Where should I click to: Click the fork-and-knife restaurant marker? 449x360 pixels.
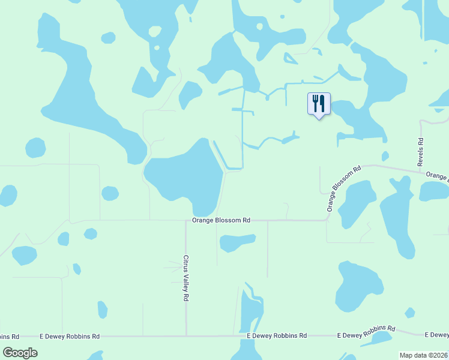tap(319, 104)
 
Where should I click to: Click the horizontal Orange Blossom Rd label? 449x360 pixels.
tap(221, 220)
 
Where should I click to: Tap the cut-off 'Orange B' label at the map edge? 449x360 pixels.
tap(437, 176)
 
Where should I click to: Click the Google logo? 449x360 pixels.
tap(20, 352)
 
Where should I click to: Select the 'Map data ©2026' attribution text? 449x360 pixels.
tap(424, 355)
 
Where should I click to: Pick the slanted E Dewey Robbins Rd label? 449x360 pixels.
tap(366, 332)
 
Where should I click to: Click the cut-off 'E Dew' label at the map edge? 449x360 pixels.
tap(436, 334)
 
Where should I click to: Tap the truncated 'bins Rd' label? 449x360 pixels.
tap(10, 337)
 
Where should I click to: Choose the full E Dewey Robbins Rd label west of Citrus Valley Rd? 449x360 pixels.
tap(70, 337)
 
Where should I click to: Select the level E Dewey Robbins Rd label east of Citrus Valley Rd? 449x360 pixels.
tap(277, 336)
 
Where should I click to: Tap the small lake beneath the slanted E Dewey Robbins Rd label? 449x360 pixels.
tap(376, 340)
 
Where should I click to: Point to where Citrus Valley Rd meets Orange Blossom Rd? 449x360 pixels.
tap(185, 220)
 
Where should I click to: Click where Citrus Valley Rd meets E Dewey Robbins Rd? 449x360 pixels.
tap(186, 336)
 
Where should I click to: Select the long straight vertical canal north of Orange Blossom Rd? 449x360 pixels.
tap(243, 129)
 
